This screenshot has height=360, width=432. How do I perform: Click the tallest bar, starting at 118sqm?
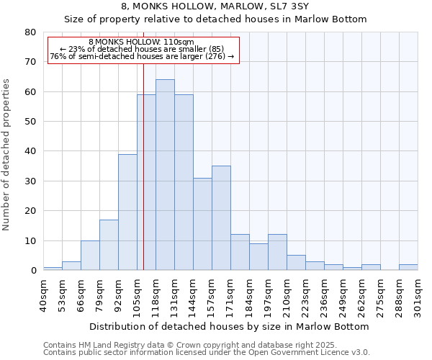coord(165,175)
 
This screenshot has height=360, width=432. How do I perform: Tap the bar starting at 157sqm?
coord(221,218)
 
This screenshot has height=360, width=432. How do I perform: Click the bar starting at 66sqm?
coord(90,256)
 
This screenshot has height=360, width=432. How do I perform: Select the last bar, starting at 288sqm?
coord(408,267)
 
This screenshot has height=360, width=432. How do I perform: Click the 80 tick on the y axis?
coord(30,32)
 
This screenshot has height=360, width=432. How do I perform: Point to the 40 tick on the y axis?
coord(30,151)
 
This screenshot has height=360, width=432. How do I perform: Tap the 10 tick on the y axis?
coord(30,240)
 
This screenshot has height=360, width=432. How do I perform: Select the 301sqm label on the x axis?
coord(418,295)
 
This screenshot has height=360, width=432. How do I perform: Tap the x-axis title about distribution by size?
coord(230,326)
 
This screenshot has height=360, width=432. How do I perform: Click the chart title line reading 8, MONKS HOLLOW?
coord(215,6)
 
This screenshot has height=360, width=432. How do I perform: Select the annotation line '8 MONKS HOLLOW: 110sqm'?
coord(142,42)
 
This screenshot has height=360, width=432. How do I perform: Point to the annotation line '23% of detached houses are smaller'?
coord(142,49)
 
